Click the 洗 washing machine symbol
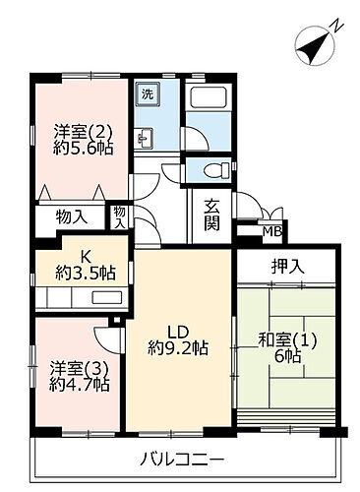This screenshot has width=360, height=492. point(146,95)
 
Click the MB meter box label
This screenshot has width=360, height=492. point(271,232)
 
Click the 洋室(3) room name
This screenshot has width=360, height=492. point(73,368)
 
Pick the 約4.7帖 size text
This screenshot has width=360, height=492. point(73,387)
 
